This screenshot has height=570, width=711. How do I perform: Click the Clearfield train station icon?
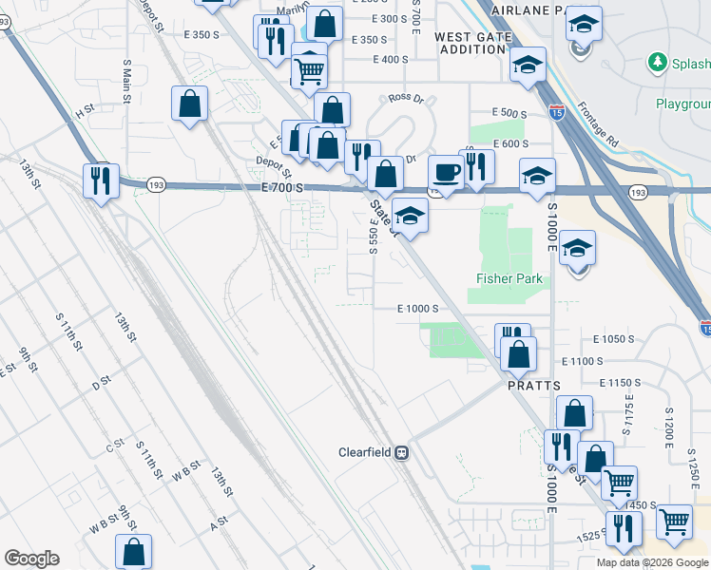coord(402,452)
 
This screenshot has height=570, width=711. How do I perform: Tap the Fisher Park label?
coord(509,278)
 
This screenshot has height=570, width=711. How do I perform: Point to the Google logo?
coord(31,559)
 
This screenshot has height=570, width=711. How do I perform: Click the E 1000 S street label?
coord(417,309)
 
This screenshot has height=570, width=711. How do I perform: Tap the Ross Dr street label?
coord(405,99)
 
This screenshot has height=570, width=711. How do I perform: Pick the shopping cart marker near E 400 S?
coord(309,70)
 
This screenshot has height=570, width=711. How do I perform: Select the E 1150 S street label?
coord(619,382)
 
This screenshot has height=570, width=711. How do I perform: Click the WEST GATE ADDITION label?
coord(472,43)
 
